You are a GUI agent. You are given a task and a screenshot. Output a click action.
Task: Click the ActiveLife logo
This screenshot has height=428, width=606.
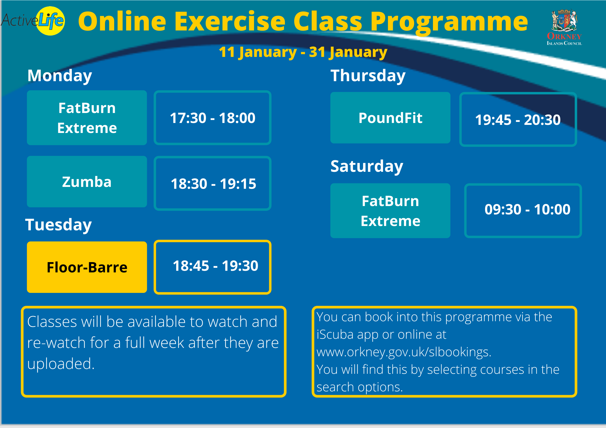(x=33, y=21)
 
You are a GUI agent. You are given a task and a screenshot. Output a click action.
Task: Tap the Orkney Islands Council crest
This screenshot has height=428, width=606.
(x=564, y=27)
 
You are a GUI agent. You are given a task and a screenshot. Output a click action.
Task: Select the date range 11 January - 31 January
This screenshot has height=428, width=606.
(x=303, y=52)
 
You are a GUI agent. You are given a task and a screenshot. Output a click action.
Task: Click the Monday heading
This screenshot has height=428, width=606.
(x=60, y=76)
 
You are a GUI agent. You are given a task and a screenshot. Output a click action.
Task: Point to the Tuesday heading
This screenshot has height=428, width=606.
(x=59, y=225)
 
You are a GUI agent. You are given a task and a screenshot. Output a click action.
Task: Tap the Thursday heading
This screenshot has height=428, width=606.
(x=368, y=76)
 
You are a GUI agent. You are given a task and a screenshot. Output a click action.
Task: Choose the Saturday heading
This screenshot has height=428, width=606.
(x=367, y=166)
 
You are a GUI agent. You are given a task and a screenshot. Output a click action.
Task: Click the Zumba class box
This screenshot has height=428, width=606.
(x=87, y=182)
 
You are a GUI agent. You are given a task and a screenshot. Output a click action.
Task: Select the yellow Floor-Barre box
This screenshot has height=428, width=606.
(x=87, y=267)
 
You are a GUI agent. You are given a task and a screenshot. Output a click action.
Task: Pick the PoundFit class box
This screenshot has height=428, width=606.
(x=390, y=118)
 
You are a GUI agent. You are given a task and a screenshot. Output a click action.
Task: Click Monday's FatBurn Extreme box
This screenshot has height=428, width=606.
(x=87, y=118)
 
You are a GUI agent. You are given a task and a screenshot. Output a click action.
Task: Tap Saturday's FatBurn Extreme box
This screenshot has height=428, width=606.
(x=390, y=211)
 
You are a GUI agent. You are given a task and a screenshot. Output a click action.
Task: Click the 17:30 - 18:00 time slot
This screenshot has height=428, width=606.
(x=212, y=118)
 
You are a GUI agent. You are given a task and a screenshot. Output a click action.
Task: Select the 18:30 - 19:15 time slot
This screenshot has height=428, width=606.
(x=212, y=183)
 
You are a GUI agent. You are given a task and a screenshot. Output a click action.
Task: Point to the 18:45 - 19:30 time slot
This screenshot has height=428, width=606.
(x=212, y=267)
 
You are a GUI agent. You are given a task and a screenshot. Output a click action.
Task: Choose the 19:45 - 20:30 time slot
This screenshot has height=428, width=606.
(x=518, y=119)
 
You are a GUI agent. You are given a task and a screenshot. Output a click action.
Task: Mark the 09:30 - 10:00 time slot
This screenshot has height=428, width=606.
(x=523, y=211)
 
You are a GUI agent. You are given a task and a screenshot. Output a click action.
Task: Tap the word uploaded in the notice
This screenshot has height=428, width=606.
(x=61, y=364)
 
